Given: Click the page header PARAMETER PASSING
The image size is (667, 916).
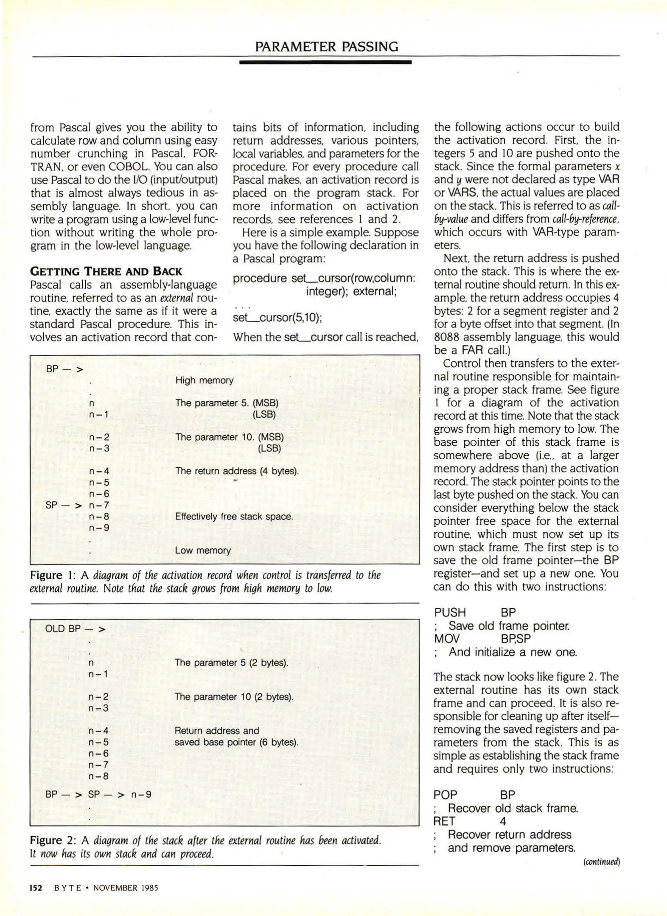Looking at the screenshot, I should [326, 46].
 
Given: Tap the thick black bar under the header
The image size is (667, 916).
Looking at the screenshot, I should [325, 62].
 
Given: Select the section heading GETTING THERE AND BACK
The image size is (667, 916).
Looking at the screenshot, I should [106, 271].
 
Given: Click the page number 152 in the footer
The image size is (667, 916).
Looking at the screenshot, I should [36, 888].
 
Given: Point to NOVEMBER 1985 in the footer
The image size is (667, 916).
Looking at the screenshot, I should [126, 888].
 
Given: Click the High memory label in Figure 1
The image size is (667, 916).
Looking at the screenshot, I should [204, 380].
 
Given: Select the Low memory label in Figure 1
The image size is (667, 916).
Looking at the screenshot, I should [203, 550].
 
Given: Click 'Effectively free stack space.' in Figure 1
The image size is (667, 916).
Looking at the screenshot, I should [234, 517].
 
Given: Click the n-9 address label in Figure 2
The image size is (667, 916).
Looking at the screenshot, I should [141, 794].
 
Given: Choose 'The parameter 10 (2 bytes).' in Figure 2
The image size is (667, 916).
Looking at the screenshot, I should [234, 697].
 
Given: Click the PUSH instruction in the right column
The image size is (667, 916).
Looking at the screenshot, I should [450, 612].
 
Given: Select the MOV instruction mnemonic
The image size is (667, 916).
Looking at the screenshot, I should [446, 639].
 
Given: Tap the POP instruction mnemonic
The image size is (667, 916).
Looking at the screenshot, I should [445, 795].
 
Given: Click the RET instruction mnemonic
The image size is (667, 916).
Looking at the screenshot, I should [444, 821].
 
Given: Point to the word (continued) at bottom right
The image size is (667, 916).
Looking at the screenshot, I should [601, 862].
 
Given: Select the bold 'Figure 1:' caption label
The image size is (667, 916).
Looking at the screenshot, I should [53, 575].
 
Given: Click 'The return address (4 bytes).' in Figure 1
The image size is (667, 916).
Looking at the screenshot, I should [237, 471].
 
